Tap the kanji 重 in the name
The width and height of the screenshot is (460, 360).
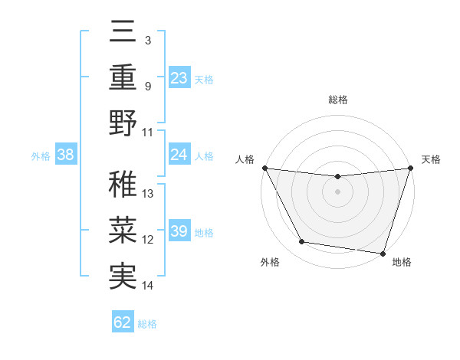click(123, 79)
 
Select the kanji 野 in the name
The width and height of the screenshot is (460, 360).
click(123, 123)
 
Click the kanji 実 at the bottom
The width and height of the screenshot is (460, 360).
click(123, 276)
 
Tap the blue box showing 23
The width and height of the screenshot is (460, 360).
click(179, 77)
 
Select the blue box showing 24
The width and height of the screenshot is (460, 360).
click(179, 155)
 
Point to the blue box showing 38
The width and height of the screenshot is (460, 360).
click(66, 155)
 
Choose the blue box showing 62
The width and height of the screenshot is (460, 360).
click(123, 322)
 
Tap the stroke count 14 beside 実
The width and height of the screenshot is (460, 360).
click(148, 286)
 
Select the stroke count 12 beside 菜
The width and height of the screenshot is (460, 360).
click(148, 240)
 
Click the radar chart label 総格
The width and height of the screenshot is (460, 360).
click(337, 100)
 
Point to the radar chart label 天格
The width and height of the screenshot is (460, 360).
click(431, 159)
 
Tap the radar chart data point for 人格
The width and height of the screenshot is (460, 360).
click(264, 168)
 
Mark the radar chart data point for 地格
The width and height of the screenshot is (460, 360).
click(383, 253)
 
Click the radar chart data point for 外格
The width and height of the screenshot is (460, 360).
click(302, 242)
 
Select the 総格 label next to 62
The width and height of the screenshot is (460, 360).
click(147, 324)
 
